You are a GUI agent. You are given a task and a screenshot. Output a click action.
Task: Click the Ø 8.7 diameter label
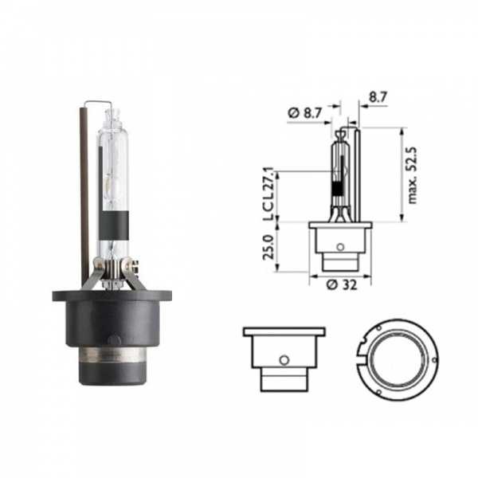pos(305,113)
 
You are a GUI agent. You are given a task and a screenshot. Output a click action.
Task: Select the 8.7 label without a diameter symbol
pos(378,97)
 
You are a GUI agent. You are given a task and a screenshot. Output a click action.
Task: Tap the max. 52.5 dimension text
pos(413,175)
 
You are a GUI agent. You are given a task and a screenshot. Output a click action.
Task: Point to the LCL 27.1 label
pos(269,194)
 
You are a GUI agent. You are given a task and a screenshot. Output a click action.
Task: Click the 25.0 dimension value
pos(269,247)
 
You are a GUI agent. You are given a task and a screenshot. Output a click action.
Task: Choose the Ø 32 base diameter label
pos(342,285)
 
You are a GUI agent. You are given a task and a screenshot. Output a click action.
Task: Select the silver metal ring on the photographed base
pos(112,355)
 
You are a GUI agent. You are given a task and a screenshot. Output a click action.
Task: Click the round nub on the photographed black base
pos(114,339)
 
